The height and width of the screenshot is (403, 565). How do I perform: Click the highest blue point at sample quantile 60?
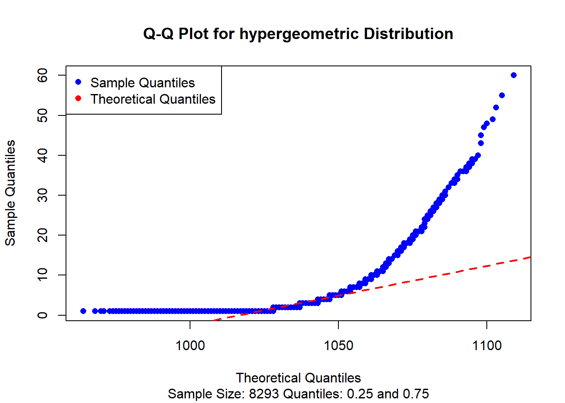coord(513,75)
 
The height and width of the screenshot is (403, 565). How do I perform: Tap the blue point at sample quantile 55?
coord(502,95)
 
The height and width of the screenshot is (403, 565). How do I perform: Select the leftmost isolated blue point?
coord(83,311)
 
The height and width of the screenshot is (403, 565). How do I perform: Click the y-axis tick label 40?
coord(42,155)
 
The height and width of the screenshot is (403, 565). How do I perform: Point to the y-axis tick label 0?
coord(42,315)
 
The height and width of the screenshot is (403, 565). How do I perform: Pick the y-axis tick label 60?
coord(42,76)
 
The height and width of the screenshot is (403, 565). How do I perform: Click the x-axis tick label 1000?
coord(190,345)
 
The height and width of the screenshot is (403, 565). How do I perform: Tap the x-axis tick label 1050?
coord(338,345)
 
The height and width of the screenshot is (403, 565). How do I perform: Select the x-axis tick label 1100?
coord(487,345)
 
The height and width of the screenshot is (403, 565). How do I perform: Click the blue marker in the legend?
coord(78,82)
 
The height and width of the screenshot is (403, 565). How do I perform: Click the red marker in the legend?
coord(78,99)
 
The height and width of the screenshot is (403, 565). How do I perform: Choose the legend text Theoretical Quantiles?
coord(153,99)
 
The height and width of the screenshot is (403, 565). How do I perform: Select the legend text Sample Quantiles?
coord(143,83)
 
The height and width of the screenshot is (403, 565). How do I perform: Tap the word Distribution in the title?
coord(408,34)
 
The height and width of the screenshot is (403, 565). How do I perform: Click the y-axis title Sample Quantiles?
coord(10,193)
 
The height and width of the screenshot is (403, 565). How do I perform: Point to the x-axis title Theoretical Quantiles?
coord(298,378)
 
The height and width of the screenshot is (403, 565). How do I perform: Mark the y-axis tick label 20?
coord(42,235)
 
